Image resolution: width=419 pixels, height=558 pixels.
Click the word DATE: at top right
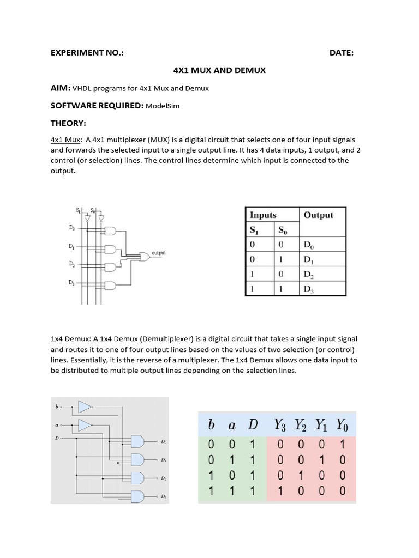click(342, 53)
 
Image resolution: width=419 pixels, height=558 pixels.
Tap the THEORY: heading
click(69, 123)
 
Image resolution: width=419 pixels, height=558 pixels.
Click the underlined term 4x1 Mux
click(65, 140)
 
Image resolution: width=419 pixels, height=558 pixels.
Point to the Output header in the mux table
click(318, 215)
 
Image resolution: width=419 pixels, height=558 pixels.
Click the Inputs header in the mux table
click(263, 215)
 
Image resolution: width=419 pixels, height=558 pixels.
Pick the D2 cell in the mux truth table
click(309, 274)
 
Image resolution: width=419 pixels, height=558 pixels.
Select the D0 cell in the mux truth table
click(309, 245)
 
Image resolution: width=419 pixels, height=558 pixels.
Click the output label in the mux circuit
click(158, 253)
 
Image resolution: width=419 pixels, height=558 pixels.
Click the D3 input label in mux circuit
click(71, 282)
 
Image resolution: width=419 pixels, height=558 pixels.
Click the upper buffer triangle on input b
click(85, 407)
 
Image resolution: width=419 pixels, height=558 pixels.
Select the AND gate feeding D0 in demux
click(136, 441)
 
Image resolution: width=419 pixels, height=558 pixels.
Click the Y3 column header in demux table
click(282, 424)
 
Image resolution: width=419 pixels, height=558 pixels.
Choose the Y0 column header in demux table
click(341, 424)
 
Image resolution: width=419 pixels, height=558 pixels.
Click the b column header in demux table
click(211, 424)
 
